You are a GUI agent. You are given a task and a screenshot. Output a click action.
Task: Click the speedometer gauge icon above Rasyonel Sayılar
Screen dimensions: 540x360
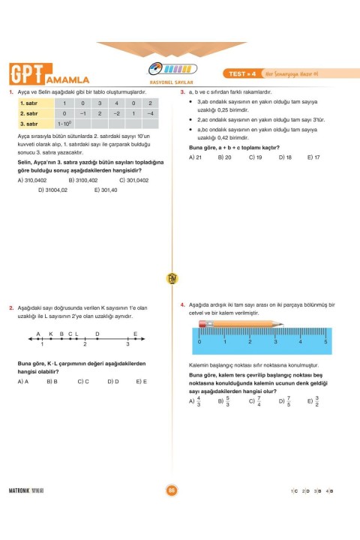[172, 68]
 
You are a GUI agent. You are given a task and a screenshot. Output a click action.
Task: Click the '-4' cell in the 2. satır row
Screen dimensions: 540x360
[151, 113]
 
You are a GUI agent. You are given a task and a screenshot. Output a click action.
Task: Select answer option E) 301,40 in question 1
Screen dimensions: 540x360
[106, 190]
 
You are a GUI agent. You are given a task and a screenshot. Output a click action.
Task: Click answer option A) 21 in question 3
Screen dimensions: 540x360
[196, 157]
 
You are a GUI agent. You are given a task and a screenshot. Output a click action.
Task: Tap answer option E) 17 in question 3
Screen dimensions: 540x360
[313, 157]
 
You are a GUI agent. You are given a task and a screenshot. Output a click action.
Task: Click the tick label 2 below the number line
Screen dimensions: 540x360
[85, 344]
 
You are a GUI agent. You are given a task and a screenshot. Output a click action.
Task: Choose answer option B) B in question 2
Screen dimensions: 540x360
[52, 381]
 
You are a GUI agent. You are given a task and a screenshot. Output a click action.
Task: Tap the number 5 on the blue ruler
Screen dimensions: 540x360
[325, 341]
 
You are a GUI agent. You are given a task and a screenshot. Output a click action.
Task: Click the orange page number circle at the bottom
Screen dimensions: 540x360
[171, 490]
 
